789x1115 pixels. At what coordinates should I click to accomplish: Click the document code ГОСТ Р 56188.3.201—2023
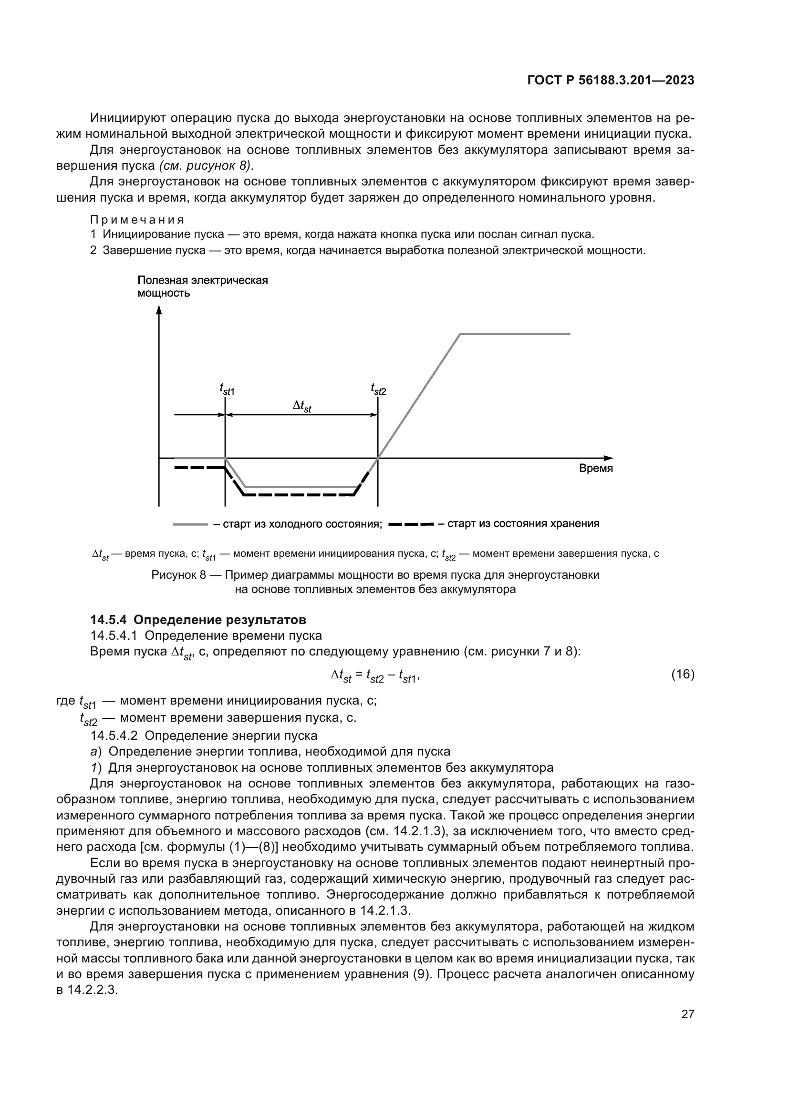[x=610, y=81]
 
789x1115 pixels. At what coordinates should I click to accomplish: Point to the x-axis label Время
[x=596, y=469]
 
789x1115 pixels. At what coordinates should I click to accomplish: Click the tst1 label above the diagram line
[x=227, y=389]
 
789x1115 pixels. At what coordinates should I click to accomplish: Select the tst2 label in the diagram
[x=378, y=389]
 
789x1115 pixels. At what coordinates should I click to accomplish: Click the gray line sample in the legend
[x=190, y=524]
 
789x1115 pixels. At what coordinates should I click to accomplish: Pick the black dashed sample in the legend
[x=412, y=524]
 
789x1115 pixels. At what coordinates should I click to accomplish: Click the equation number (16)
[x=683, y=675]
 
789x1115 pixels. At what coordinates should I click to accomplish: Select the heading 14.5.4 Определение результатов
[x=198, y=620]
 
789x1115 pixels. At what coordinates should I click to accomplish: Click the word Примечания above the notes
[x=137, y=219]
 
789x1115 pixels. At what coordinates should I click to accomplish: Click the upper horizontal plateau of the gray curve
[x=515, y=334]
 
